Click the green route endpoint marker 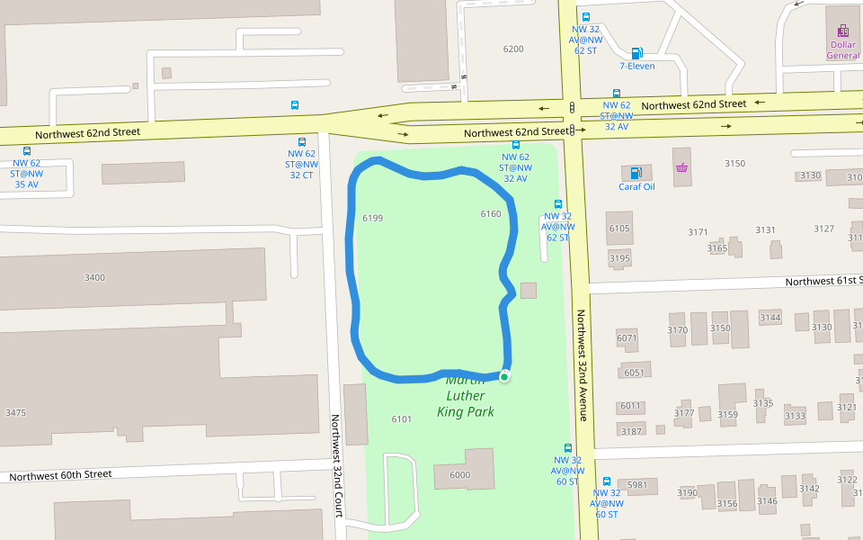coord(504,376)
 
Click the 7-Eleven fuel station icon coord(636,53)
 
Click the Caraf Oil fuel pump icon coord(636,173)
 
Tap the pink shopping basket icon coord(681,167)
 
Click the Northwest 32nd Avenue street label coord(582,365)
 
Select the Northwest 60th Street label coord(61,474)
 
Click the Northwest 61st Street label coord(822,282)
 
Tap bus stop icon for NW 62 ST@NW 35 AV coord(27,151)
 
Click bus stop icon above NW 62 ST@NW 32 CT coord(302,142)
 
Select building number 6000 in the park coord(459,475)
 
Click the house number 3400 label coord(94,277)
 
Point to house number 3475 coord(15,413)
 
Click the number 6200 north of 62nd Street coord(513,49)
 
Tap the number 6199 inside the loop coord(372,219)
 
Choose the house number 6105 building coord(619,228)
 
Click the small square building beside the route coord(529,290)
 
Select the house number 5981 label coord(637,485)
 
